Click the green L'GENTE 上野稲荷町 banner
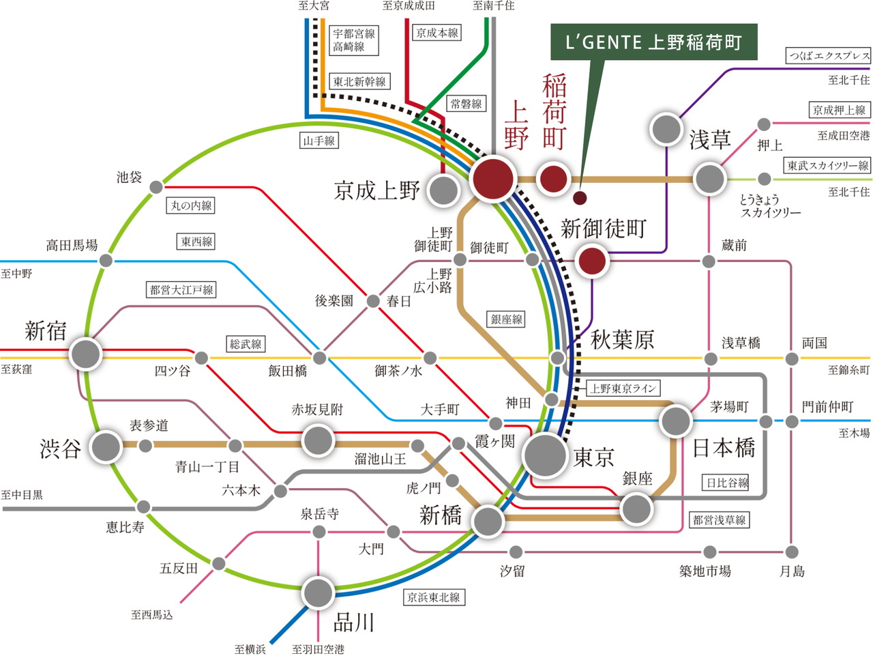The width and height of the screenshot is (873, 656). tap(653, 42)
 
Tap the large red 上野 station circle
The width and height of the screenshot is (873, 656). tap(493, 179)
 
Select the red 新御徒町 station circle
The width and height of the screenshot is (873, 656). tap(592, 261)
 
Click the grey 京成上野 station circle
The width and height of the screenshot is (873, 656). tap(443, 190)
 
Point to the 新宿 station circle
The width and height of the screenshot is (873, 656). tap(85, 354)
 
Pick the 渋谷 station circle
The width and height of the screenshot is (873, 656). tap(106, 446)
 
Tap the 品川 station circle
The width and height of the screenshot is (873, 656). tap(317, 593)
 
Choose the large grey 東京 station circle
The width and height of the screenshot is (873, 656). tap(545, 455)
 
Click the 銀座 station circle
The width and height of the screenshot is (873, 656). tap(636, 509)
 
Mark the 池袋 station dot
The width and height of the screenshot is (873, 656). tap(156, 186)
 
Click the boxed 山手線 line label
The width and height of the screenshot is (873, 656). tap(319, 141)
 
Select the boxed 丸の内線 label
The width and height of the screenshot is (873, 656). tap(190, 205)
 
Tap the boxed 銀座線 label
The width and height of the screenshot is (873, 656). tap(506, 319)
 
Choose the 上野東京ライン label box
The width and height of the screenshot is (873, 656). tap(623, 388)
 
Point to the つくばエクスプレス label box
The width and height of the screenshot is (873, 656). tap(829, 56)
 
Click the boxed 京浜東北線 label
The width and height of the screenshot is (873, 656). tap(434, 597)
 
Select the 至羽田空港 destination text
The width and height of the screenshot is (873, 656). tap(318, 649)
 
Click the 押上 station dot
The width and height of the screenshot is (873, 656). tap(764, 125)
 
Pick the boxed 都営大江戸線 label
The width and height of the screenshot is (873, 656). tap(181, 289)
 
